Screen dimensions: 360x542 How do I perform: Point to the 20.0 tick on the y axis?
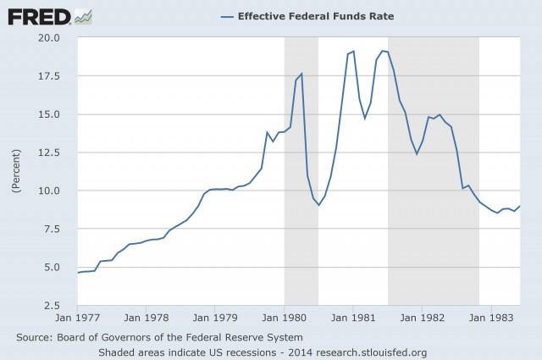pyautogui.click(x=47, y=38)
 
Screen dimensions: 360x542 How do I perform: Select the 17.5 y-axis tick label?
pyautogui.click(x=47, y=76)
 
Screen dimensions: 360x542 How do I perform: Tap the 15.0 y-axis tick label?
pyautogui.click(x=47, y=114)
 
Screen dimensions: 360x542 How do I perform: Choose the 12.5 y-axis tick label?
pyautogui.click(x=47, y=152)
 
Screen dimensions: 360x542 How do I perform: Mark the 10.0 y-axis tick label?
pyautogui.click(x=47, y=191)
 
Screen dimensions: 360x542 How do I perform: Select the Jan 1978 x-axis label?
pyautogui.click(x=146, y=320)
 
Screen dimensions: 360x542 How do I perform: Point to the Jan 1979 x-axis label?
pyautogui.click(x=215, y=320)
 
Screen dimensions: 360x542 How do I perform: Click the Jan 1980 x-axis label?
pyautogui.click(x=285, y=320)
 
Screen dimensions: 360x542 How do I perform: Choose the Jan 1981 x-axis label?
pyautogui.click(x=353, y=320)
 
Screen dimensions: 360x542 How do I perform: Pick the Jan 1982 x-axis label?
pyautogui.click(x=423, y=320)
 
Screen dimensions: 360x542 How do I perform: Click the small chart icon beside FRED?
pyautogui.click(x=84, y=15)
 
